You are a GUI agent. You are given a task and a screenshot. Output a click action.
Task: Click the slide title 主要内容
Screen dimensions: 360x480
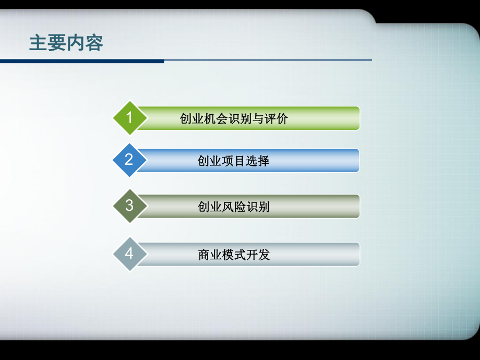(x=66, y=43)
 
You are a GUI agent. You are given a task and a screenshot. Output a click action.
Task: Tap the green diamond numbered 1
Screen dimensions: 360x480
(x=129, y=117)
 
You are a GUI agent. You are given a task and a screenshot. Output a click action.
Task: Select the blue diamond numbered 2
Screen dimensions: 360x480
(x=129, y=160)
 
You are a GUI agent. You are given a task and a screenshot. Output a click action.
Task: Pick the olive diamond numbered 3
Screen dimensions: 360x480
(x=129, y=206)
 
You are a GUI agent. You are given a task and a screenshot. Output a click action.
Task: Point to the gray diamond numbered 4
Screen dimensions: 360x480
(x=129, y=254)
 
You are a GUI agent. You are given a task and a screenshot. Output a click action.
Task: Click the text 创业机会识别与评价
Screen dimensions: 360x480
(x=234, y=119)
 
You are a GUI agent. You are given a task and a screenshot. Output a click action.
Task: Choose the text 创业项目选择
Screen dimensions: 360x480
(x=234, y=161)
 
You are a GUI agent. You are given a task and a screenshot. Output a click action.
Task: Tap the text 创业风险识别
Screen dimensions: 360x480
(x=234, y=207)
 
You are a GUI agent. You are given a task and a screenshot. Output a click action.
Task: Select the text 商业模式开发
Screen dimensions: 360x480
(x=234, y=255)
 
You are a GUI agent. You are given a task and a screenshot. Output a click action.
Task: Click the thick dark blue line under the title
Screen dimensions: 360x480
(x=82, y=61)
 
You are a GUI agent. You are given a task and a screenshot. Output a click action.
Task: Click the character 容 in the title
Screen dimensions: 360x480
(x=94, y=43)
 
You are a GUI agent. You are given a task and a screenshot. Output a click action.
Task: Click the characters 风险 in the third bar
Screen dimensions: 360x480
(x=234, y=207)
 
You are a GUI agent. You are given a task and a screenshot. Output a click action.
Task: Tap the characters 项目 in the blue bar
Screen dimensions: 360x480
(x=234, y=161)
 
